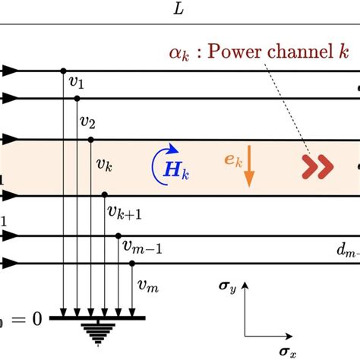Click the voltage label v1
tap(75, 84)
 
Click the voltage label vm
tap(145, 286)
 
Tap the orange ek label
tap(233, 160)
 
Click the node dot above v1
tap(62, 71)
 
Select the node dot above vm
tap(132, 264)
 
